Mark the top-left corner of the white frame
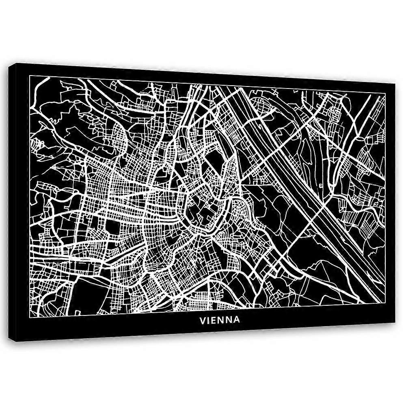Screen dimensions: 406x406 (30, 76)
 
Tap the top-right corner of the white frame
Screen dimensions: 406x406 (384, 94)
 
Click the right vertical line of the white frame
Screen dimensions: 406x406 (384, 203)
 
